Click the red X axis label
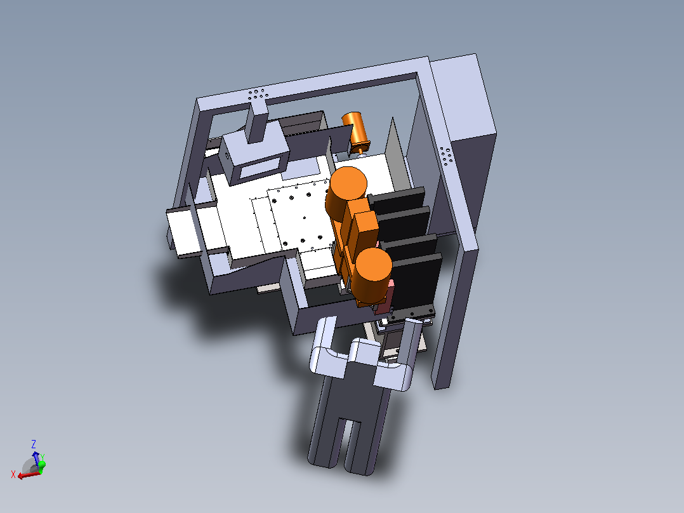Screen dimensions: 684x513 13,474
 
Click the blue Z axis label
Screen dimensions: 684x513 33,444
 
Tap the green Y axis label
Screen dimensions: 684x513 43,458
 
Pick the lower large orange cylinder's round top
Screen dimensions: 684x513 373,265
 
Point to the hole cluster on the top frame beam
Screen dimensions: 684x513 257,95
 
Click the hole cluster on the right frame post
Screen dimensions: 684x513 446,156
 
